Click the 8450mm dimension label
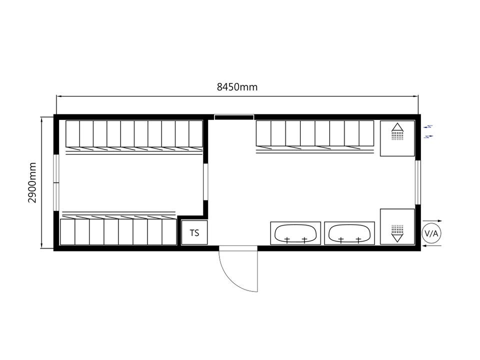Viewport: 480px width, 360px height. pyautogui.click(x=237, y=87)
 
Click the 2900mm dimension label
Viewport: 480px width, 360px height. pyautogui.click(x=32, y=183)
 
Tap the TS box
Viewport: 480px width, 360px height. pyautogui.click(x=194, y=232)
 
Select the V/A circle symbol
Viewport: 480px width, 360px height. pyautogui.click(x=431, y=233)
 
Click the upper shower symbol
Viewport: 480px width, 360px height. pyautogui.click(x=397, y=131)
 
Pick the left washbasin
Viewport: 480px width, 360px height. pyautogui.click(x=295, y=233)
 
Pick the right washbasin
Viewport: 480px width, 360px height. pyautogui.click(x=349, y=233)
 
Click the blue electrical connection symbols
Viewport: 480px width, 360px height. pyautogui.click(x=428, y=131)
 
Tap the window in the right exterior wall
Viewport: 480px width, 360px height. pyautogui.click(x=417, y=182)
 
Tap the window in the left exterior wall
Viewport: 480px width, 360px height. pyautogui.click(x=56, y=183)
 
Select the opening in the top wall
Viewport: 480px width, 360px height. pyautogui.click(x=234, y=117)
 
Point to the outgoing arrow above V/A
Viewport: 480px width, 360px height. pyautogui.click(x=432, y=220)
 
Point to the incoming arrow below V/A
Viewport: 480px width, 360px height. pyautogui.click(x=431, y=245)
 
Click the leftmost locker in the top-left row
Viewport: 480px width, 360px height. pyautogui.click(x=73, y=134)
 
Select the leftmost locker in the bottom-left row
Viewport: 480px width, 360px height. pyautogui.click(x=67, y=231)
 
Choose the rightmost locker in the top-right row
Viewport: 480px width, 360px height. pyautogui.click(x=366, y=133)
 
